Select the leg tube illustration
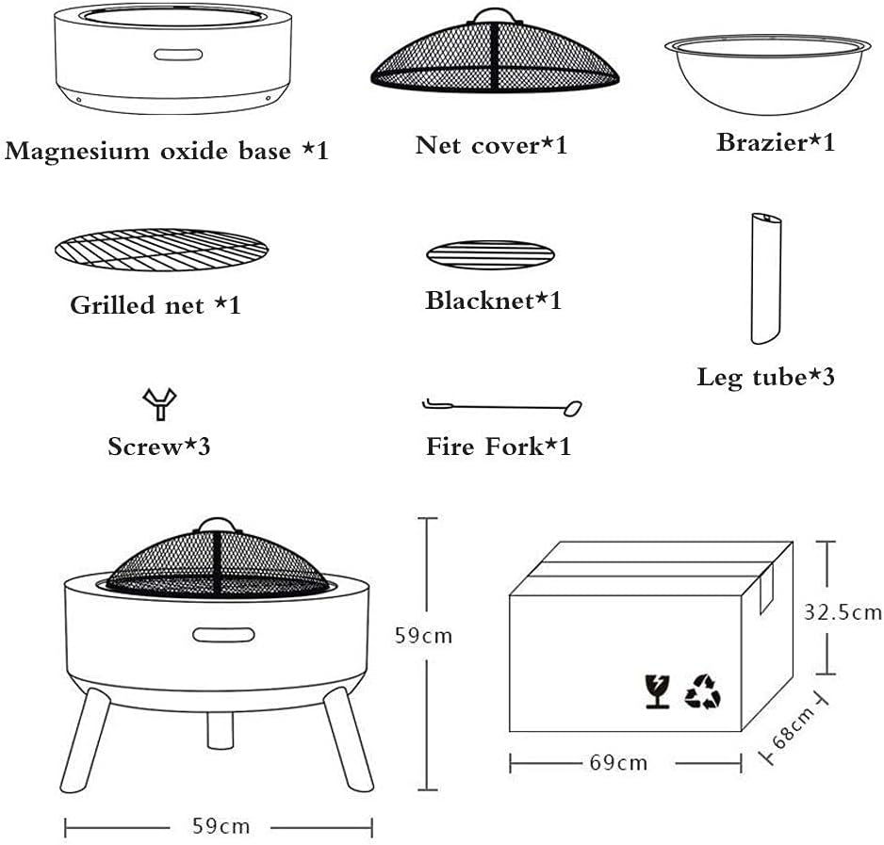coord(766,281)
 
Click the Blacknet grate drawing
coord(490,254)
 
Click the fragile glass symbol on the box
coord(656,691)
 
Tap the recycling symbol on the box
coord(702,690)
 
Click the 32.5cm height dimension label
coord(843,612)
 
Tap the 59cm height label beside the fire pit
coord(424,636)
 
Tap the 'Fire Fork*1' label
coord(498,446)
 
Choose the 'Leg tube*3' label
coord(765,378)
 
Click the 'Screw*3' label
coord(158,446)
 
